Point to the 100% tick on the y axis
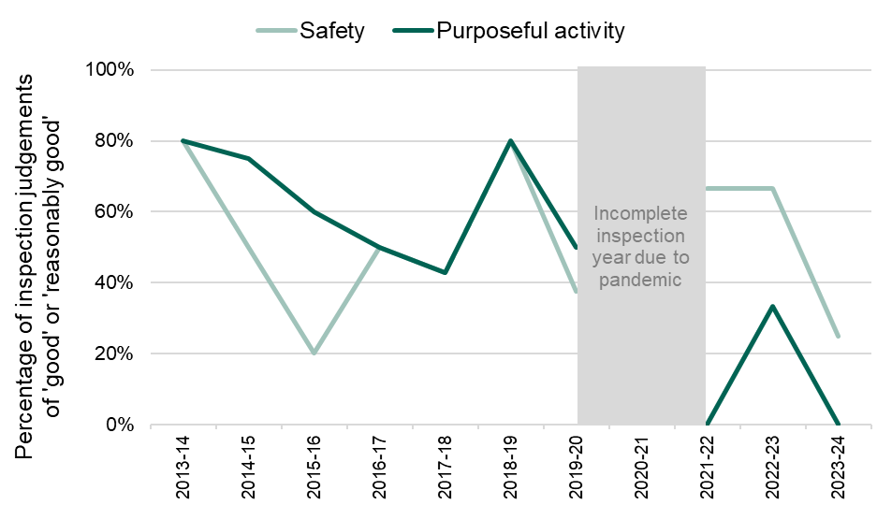point(116,70)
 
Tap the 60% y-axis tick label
point(120,211)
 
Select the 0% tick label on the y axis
point(124,425)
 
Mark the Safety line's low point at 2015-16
point(314,353)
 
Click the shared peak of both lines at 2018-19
point(510,141)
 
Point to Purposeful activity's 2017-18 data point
point(445,272)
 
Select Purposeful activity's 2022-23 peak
point(772,307)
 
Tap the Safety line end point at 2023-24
point(838,336)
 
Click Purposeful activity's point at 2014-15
point(248,159)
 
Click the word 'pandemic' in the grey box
point(641,279)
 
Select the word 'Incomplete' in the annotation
point(641,214)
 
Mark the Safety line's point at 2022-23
point(772,189)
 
